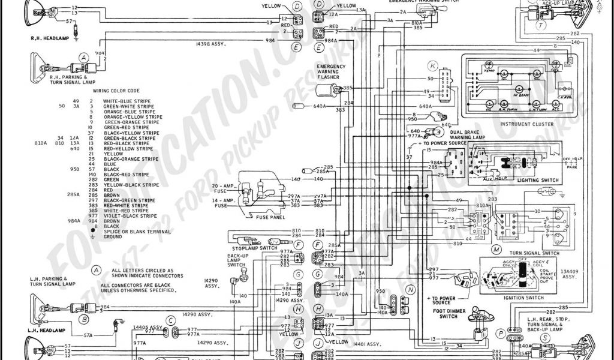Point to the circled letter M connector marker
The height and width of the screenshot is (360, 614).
pos(496,249)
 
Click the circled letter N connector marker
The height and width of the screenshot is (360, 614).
pos(410,289)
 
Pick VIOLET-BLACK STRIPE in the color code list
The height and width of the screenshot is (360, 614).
pos(130,215)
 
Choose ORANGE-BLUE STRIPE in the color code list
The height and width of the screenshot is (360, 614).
pos(128,112)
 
